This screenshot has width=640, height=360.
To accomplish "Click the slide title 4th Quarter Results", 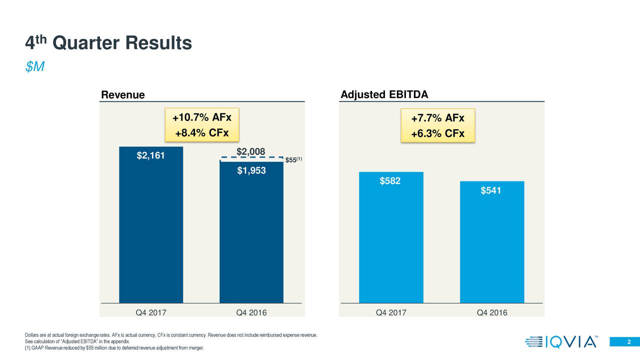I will point(108,43).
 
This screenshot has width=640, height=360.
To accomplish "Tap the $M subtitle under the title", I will point(35,67).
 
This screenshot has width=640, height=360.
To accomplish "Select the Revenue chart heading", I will point(123,95).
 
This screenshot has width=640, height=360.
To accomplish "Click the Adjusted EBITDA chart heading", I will point(384,95).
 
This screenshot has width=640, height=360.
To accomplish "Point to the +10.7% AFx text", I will point(201,118).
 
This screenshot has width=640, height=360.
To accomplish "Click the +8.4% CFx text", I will point(201,133).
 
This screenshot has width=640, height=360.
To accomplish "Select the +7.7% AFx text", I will point(437,118).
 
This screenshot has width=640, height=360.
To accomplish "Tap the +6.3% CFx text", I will point(437,134).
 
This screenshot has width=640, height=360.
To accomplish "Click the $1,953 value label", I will point(251,171).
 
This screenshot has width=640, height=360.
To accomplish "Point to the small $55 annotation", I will point(292,160).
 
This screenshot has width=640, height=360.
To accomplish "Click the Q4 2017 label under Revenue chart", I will point(151,313).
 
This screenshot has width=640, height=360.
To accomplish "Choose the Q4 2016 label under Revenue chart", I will point(251,313).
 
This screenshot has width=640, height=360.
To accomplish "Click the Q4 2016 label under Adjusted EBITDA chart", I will point(491,313).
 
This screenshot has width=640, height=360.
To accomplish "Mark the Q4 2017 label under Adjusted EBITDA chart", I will point(391,313).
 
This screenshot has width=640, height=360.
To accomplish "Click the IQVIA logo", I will point(560,342).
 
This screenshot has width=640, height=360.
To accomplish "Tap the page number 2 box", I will point(624,341).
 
